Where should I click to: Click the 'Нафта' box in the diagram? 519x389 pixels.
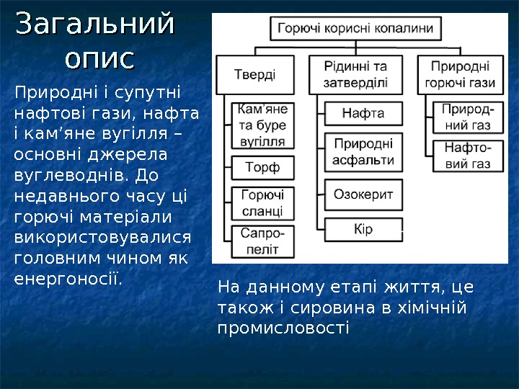(363, 113)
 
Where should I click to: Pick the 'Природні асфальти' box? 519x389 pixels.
(363, 151)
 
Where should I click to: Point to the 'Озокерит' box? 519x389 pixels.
(363, 194)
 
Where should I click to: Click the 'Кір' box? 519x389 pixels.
(363, 231)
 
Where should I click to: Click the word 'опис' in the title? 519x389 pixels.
(99, 58)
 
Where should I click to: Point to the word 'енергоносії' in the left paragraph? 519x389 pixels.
(68, 277)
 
